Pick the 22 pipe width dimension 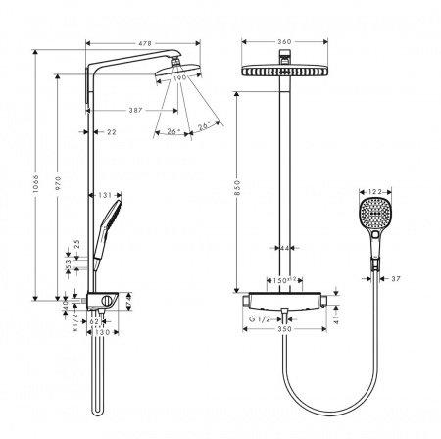(111, 132)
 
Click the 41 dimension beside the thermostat (340, 318)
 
